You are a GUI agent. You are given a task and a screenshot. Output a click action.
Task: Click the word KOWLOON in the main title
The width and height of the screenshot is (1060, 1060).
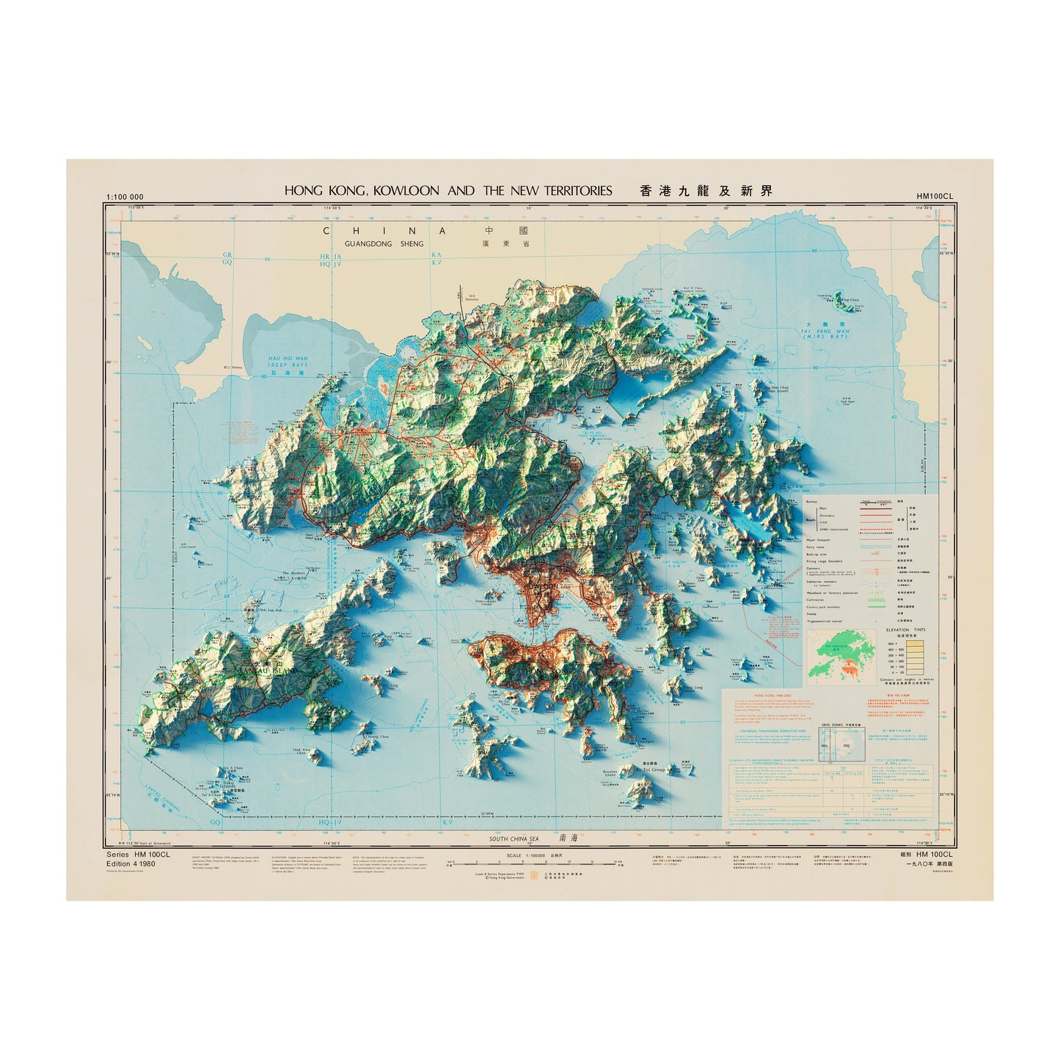[406, 191]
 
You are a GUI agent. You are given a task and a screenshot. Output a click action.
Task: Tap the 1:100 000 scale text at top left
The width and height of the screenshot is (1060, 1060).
[125, 197]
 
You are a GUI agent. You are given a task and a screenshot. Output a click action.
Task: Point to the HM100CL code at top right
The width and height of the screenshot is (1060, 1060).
[934, 197]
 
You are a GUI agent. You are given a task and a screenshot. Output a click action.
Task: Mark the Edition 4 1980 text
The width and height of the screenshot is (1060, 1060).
[131, 863]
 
